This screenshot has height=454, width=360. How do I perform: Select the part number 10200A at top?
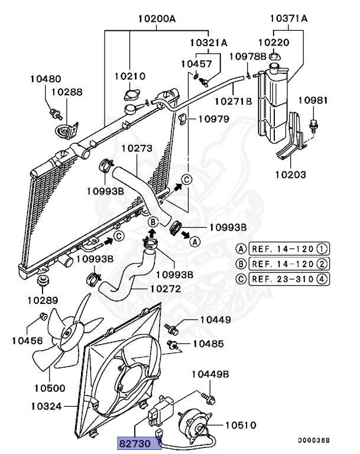[157, 18]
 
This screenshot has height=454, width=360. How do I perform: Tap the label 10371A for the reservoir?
[288, 18]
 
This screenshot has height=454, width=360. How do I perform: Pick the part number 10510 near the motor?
[240, 424]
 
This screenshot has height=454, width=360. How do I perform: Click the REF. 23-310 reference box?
[288, 278]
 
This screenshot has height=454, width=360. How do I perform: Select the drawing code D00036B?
[313, 440]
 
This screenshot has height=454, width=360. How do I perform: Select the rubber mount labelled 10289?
[43, 280]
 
